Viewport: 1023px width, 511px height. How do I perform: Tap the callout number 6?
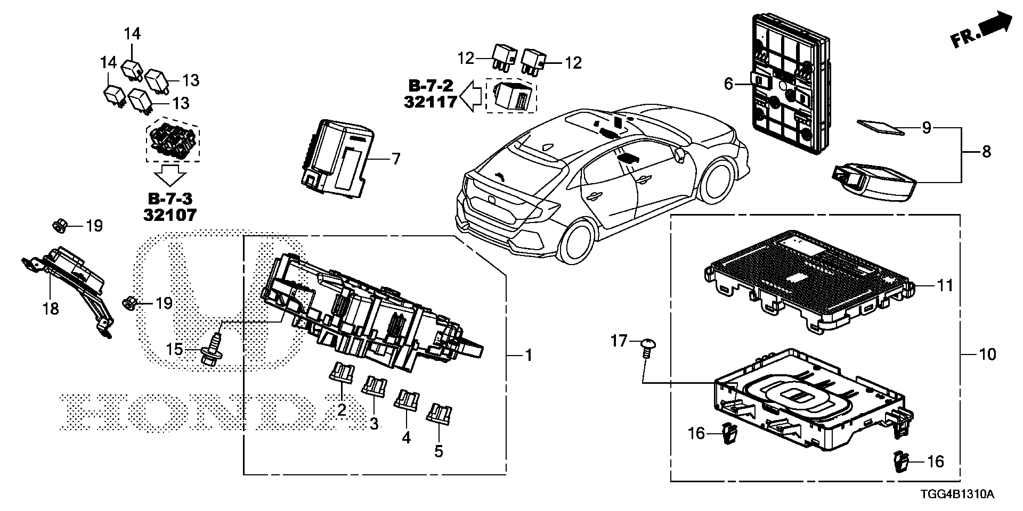(729, 84)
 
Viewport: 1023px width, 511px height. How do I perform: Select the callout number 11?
(945, 286)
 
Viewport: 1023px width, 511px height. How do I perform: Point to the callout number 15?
(174, 350)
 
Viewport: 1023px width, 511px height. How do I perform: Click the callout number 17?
(619, 340)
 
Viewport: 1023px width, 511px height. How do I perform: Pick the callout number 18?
(51, 308)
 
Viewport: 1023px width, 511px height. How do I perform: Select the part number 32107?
(170, 215)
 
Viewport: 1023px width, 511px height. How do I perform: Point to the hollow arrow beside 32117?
(471, 96)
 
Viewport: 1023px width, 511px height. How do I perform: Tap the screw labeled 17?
(647, 347)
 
